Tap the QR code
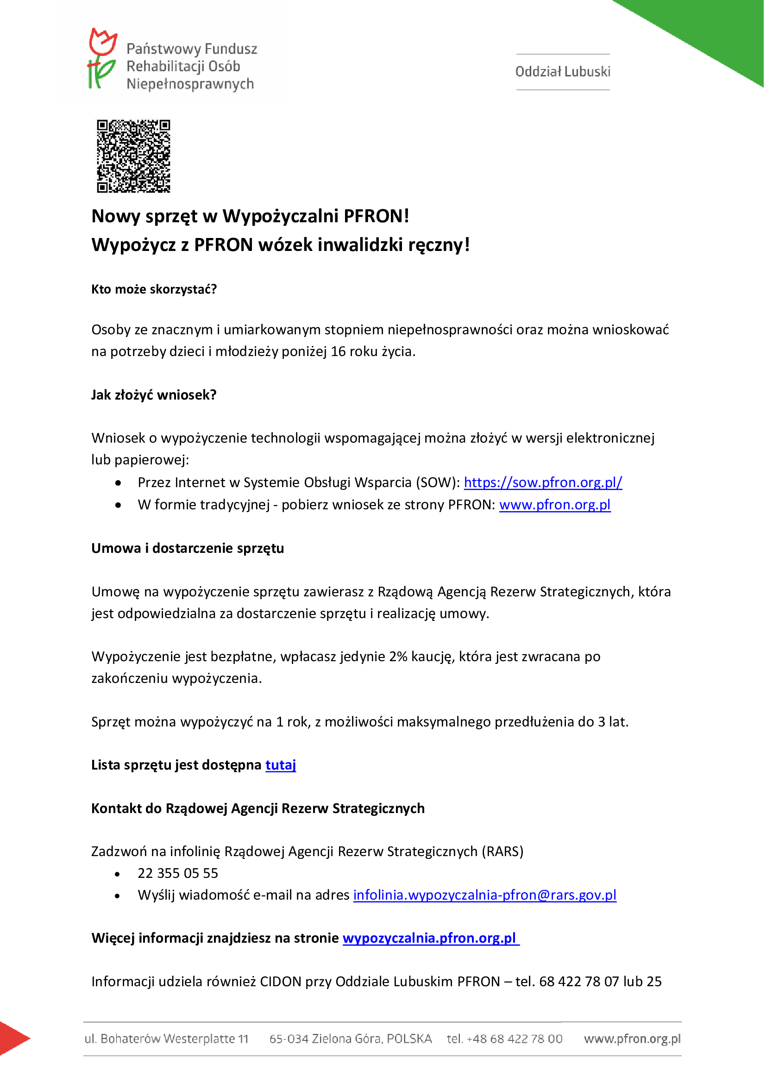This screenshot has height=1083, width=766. click(133, 156)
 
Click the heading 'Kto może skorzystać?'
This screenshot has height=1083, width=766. click(154, 289)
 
